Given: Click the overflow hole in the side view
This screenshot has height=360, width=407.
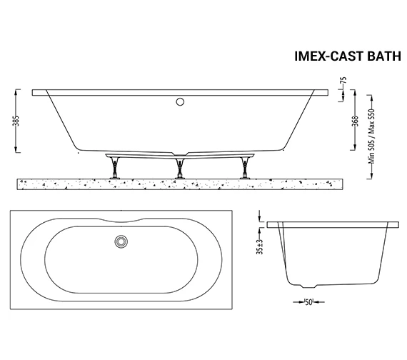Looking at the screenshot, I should coord(179,101).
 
